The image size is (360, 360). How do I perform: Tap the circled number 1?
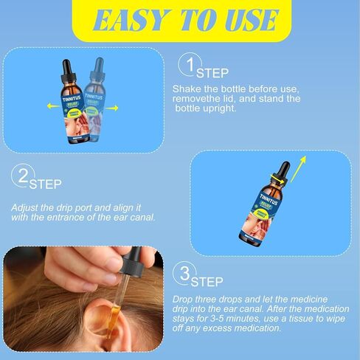[190, 69]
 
